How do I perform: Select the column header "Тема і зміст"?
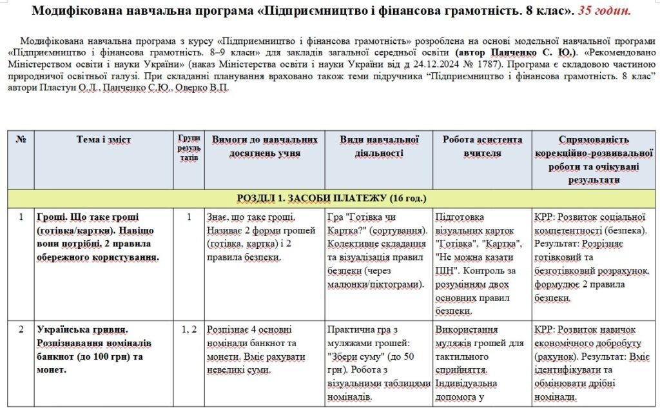pos(103,139)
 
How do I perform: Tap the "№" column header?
pos(20,139)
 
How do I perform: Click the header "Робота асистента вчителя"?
pos(483,146)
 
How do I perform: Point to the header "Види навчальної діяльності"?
pos(380,146)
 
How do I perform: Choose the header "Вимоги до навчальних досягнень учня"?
pos(265,146)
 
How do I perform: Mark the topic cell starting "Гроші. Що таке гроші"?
pos(97,237)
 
